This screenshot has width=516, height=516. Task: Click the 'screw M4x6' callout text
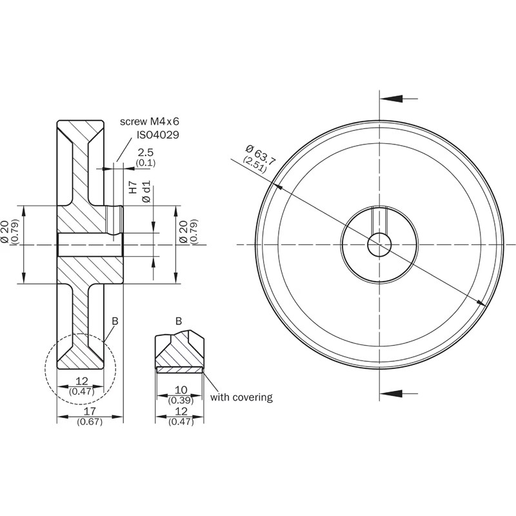tap(150, 121)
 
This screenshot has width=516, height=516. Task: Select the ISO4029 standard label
tap(158, 135)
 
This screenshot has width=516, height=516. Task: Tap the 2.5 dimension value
tap(146, 152)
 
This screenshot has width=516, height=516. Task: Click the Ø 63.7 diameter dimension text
tap(261, 155)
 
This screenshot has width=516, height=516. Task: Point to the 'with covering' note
tap(241, 397)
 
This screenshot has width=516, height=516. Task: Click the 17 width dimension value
tap(90, 411)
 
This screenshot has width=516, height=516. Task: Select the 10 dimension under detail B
tap(181, 390)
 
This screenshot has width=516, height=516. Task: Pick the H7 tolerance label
tap(133, 187)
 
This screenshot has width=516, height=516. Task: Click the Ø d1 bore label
tap(146, 192)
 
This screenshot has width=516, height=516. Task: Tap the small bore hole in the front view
tap(379, 245)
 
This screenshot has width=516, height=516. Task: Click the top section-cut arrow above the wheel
tap(399, 99)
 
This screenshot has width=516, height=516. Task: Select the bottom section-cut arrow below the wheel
tap(399, 393)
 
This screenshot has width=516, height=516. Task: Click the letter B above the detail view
tap(179, 321)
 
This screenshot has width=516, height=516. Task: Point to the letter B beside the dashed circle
tap(115, 321)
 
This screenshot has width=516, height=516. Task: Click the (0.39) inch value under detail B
tap(181, 401)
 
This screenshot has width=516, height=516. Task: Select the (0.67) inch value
tap(90, 422)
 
